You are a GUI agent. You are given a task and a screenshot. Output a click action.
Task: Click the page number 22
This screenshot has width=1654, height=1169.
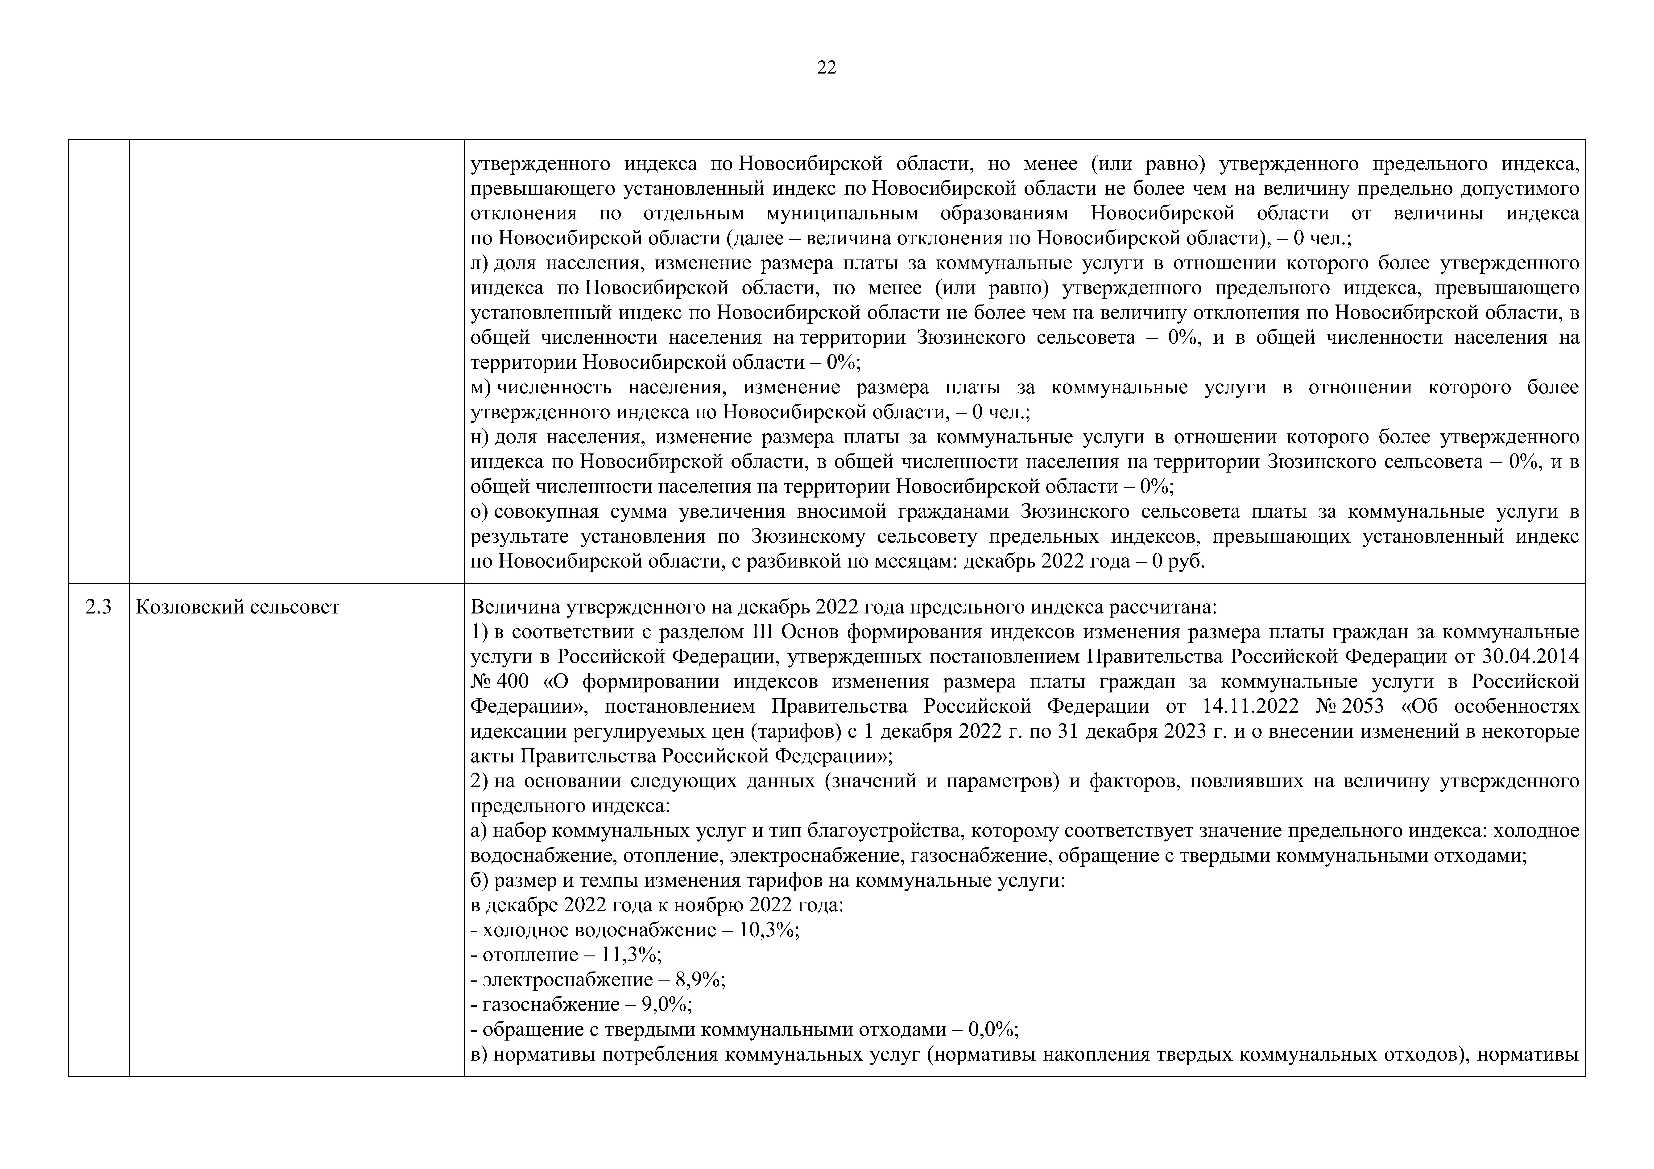click(826, 68)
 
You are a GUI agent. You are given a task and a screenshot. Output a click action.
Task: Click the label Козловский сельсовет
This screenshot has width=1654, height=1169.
click(237, 607)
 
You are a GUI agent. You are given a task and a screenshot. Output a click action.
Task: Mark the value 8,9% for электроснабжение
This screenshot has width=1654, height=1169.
click(699, 980)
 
